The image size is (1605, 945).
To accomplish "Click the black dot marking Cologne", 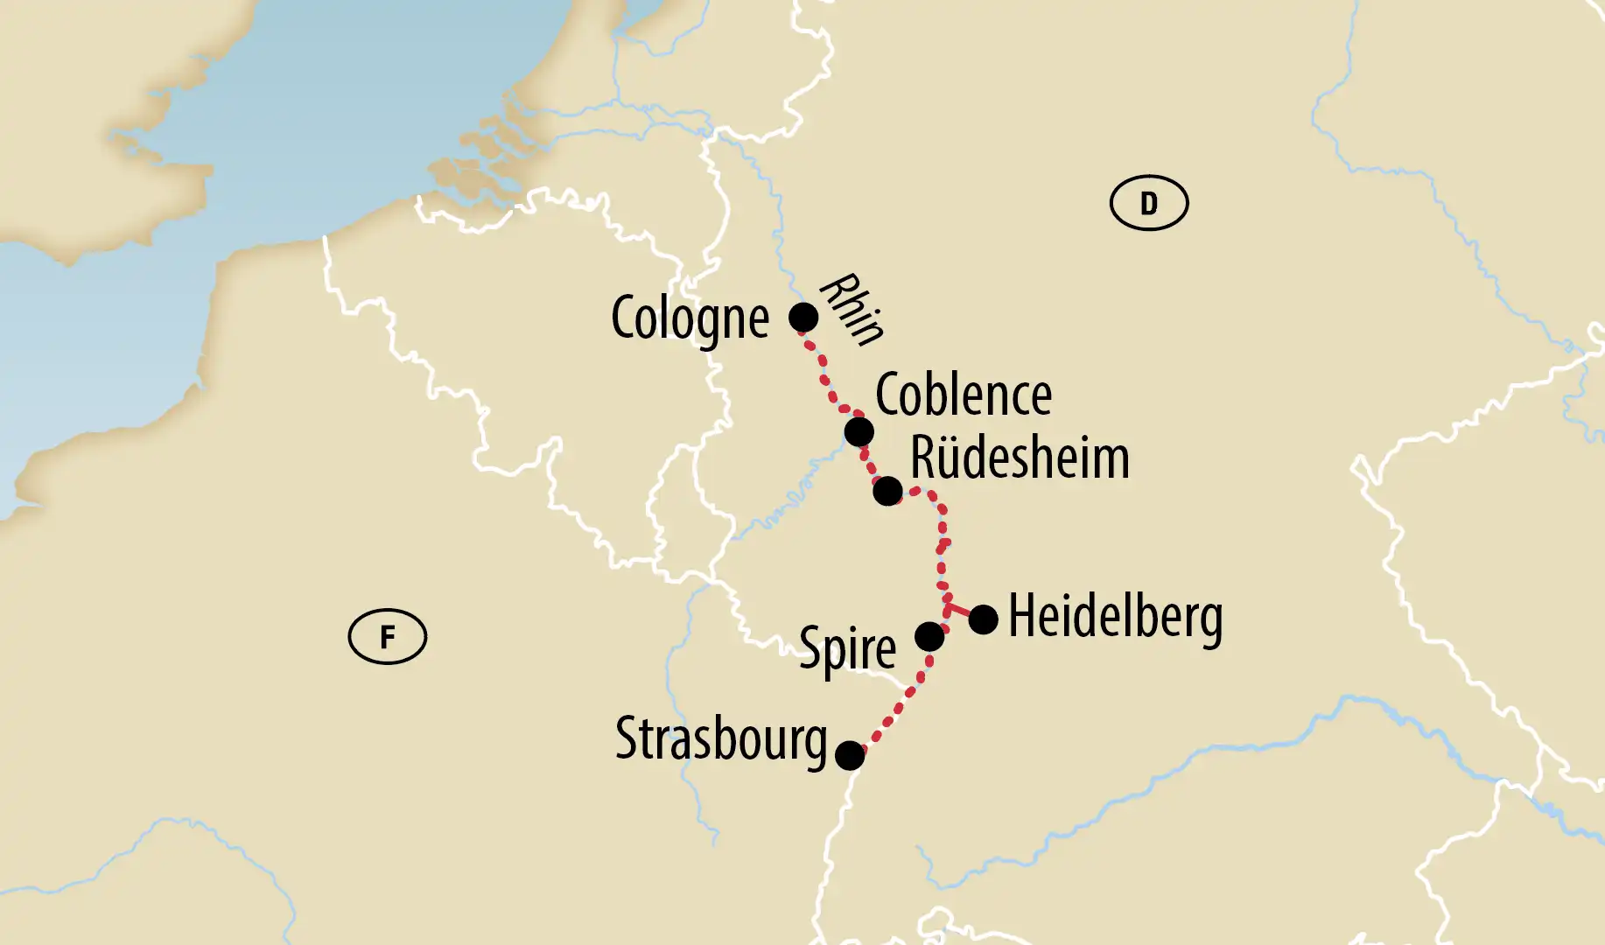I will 803,317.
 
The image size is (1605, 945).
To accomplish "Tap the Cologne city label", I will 690,318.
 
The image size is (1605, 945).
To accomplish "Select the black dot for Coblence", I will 859,431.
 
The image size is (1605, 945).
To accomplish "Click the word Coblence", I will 964,395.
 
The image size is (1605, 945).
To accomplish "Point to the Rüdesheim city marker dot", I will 887,491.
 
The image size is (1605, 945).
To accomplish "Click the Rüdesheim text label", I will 1020,458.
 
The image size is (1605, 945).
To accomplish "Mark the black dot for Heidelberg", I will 983,619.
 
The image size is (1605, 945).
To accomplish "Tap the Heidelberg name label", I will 1116,618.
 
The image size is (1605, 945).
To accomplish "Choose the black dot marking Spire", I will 929,636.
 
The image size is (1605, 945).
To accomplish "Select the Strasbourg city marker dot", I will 850,755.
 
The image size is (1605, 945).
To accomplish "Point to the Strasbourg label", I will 721,740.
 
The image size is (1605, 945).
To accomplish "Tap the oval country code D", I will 1148,203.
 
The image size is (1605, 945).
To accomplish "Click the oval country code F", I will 387,636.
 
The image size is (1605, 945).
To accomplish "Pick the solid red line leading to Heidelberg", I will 960,612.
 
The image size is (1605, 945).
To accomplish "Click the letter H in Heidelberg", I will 1021,616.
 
